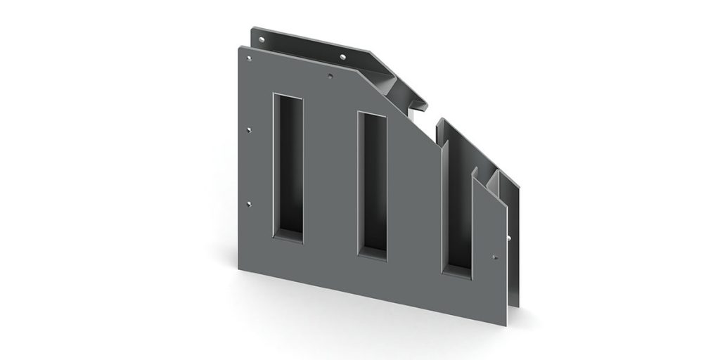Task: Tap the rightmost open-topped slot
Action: point(456,204)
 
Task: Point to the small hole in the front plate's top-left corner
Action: point(246,52)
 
